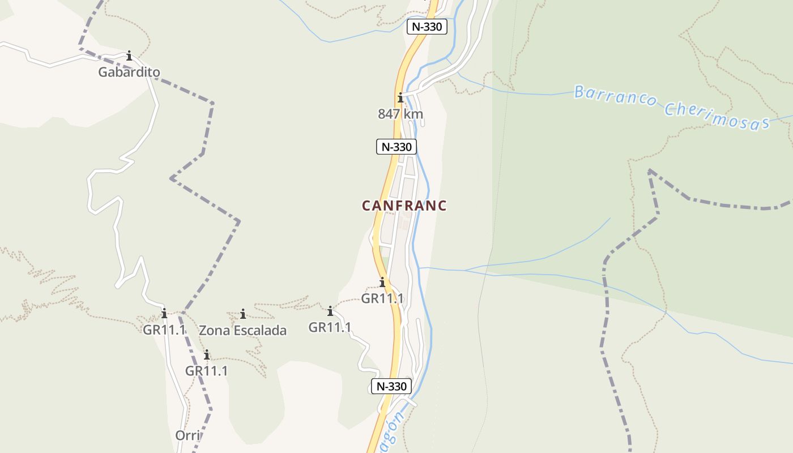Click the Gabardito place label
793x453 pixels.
pyautogui.click(x=129, y=72)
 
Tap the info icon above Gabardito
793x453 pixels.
pyautogui.click(x=129, y=55)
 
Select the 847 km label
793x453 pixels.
pyautogui.click(x=400, y=114)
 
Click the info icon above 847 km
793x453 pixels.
pyautogui.click(x=400, y=97)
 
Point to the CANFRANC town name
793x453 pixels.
pyautogui.click(x=404, y=206)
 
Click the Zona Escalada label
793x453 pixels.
pyautogui.click(x=242, y=330)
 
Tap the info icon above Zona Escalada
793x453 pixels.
pyautogui.click(x=243, y=314)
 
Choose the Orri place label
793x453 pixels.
pyautogui.click(x=187, y=435)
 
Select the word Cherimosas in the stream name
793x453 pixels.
pyautogui.click(x=717, y=116)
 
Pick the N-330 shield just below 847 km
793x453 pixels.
pyautogui.click(x=396, y=147)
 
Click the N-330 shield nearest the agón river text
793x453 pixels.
pyautogui.click(x=391, y=386)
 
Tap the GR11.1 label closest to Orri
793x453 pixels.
pyautogui.click(x=207, y=371)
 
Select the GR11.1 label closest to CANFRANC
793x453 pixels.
pyautogui.click(x=382, y=298)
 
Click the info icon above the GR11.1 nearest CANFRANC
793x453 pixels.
pyautogui.click(x=382, y=282)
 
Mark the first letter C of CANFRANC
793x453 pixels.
pyautogui.click(x=366, y=206)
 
